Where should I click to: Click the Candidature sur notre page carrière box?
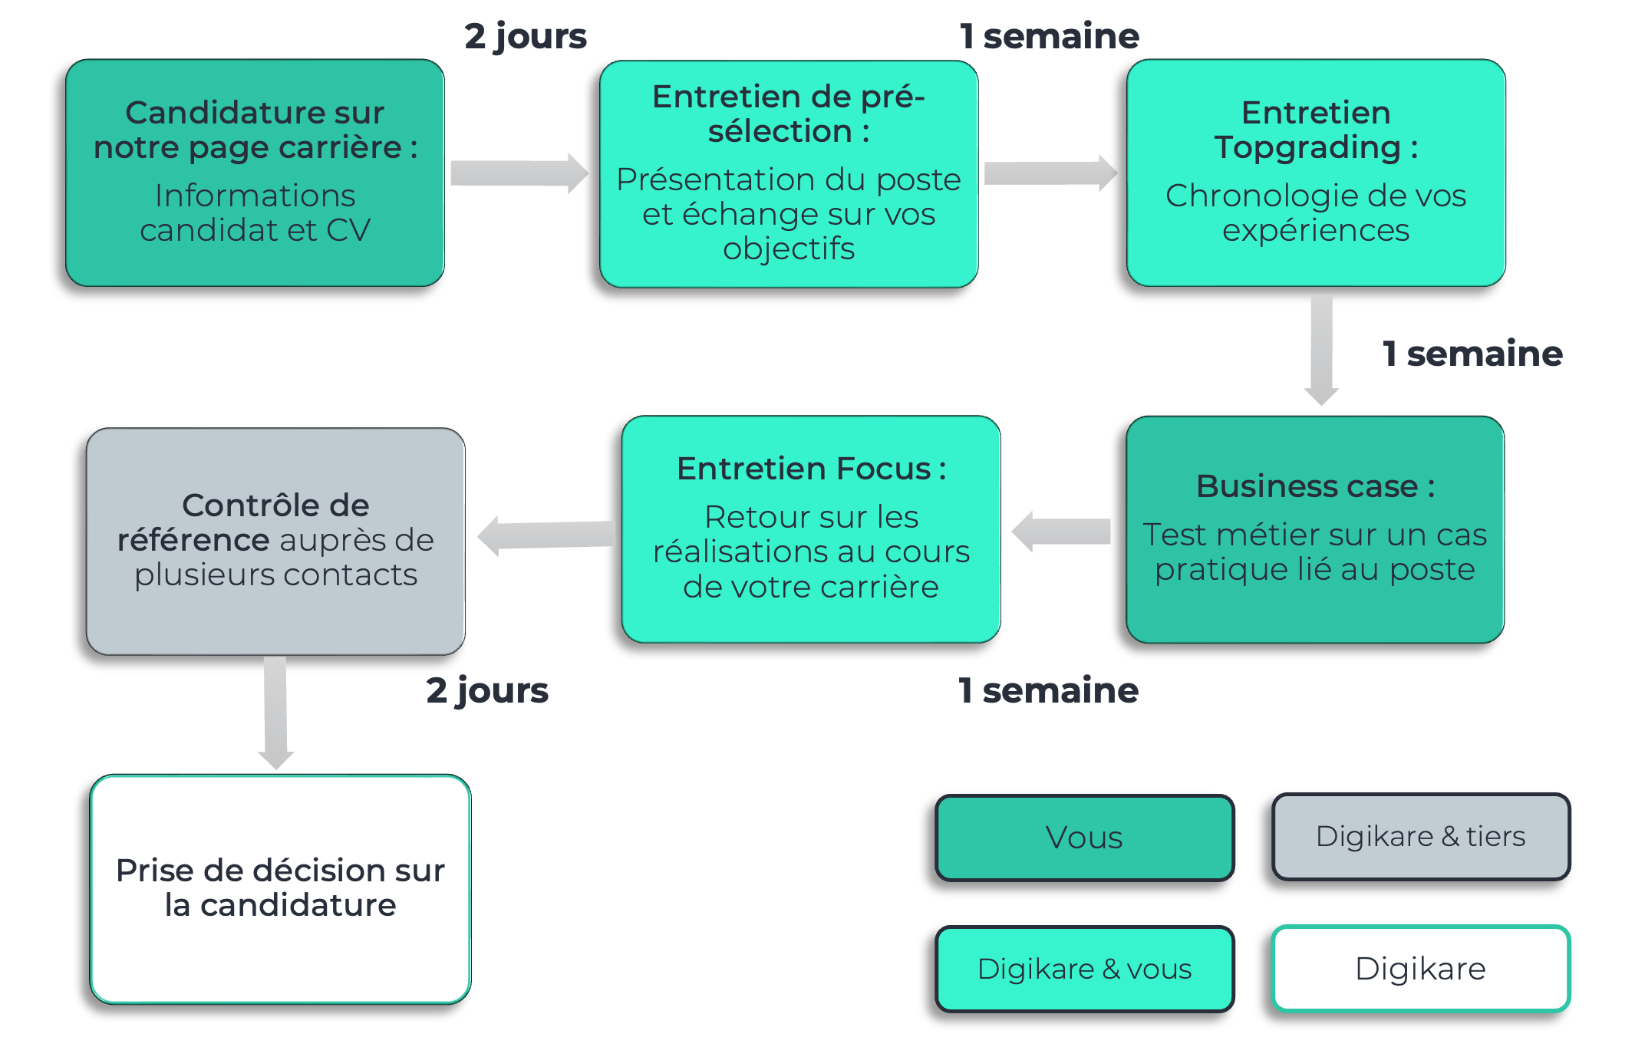point(255,173)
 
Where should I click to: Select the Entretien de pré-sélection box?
point(789,174)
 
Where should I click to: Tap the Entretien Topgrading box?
point(1316,173)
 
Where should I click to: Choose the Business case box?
point(1315,529)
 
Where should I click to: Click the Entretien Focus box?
point(811,529)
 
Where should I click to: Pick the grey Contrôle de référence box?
point(275,541)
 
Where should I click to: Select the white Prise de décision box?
point(280,888)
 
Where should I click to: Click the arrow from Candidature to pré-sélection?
point(519,173)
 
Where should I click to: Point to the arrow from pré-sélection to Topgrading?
point(1050,173)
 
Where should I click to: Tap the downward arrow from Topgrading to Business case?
point(1321,349)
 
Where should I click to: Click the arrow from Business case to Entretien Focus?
point(1062,531)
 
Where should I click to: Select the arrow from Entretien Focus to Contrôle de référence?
point(546,535)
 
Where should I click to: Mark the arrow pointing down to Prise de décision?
point(275,712)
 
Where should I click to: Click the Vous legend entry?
point(1084,837)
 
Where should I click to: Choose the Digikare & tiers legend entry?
point(1421,836)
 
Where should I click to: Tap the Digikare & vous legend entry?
point(1084,969)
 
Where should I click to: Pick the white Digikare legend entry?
point(1421,969)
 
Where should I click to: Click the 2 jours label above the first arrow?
point(526,36)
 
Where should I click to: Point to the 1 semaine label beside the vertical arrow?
point(1472,354)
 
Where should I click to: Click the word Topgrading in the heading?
point(1307,147)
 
